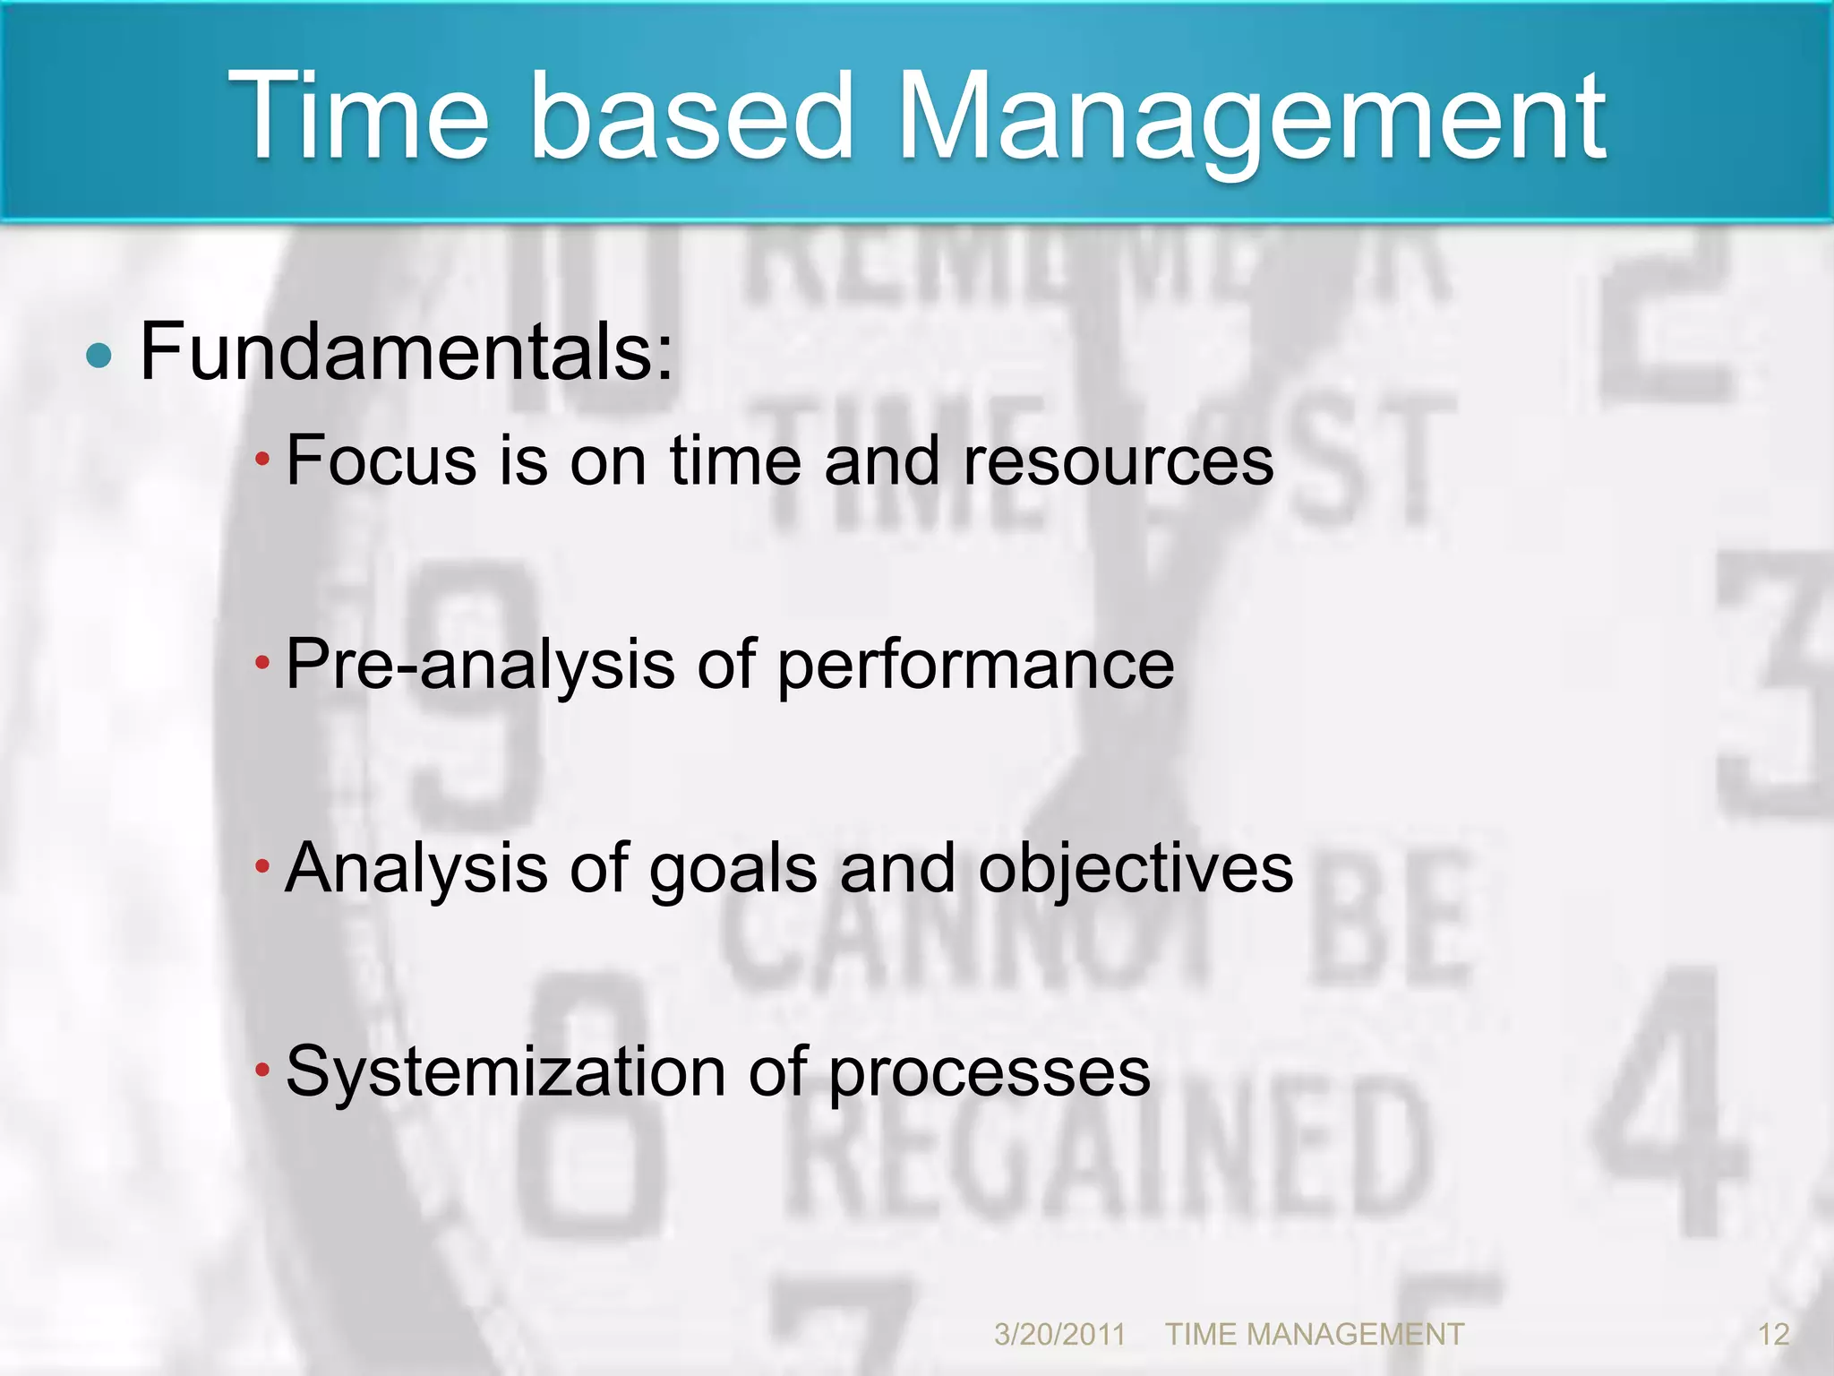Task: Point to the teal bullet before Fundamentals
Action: (99, 357)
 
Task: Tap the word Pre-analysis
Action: (480, 665)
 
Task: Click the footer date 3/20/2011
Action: (1059, 1335)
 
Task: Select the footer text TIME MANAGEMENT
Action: (1314, 1335)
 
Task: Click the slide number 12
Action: (1773, 1335)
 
